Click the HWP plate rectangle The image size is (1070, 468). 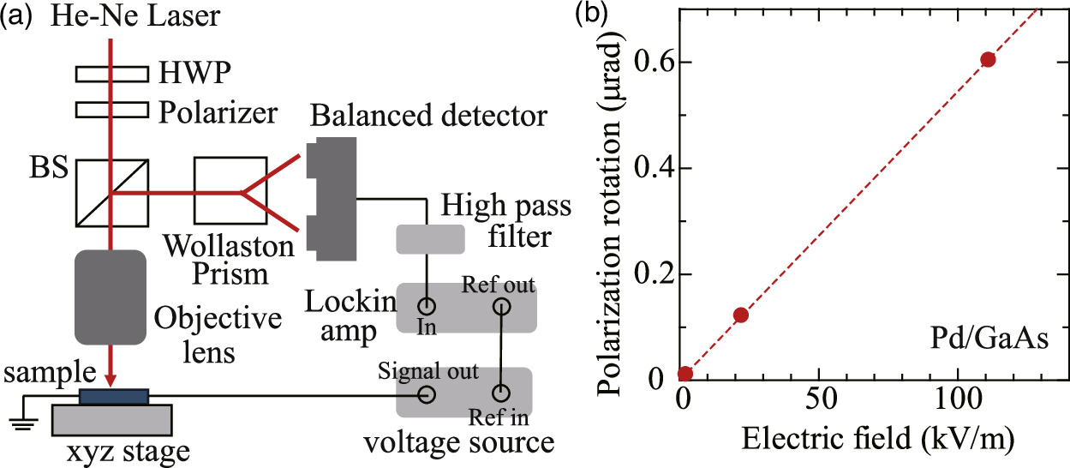click(x=111, y=75)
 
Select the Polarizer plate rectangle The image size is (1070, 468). click(x=111, y=110)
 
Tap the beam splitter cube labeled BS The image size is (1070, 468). click(x=111, y=194)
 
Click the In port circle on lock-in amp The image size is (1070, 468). click(x=425, y=306)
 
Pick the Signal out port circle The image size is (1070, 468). click(x=425, y=395)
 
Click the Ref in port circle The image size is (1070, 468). click(x=501, y=395)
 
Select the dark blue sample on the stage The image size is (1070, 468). click(x=113, y=396)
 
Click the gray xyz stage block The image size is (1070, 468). click(x=113, y=419)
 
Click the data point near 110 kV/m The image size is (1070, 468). click(x=988, y=59)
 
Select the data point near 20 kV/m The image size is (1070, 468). click(x=741, y=315)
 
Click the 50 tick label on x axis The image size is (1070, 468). click(x=819, y=399)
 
